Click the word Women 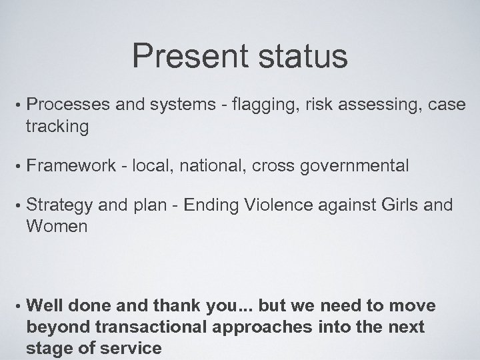pyautogui.click(x=57, y=227)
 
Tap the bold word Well pyautogui.click(x=44, y=306)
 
